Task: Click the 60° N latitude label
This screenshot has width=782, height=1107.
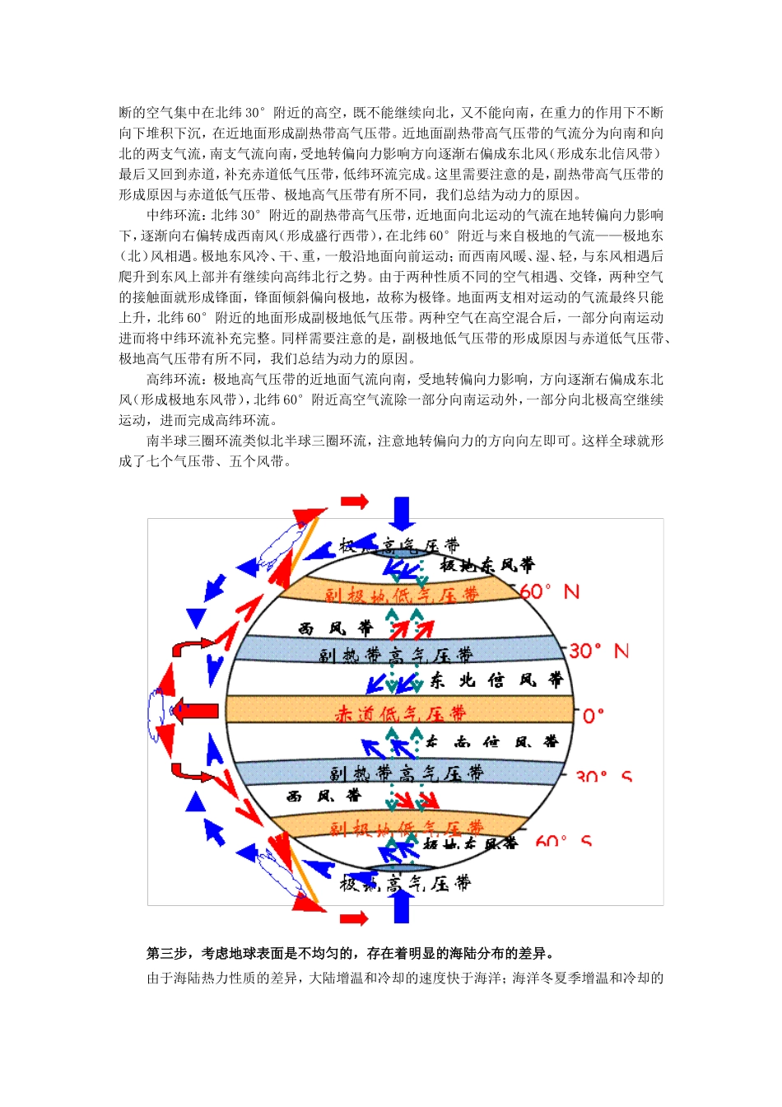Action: [x=549, y=591]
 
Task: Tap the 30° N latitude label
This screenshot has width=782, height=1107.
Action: [x=598, y=651]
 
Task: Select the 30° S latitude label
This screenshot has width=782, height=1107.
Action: [x=603, y=776]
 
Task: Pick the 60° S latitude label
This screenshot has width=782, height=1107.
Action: [x=563, y=841]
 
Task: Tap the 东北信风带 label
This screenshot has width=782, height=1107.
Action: [x=496, y=680]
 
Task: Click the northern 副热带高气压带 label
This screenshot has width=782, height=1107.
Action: [x=396, y=655]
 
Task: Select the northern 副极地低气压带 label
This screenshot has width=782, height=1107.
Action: [x=401, y=595]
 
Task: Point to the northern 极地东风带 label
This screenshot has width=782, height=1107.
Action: [x=486, y=565]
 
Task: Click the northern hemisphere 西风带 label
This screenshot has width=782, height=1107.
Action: [x=335, y=628]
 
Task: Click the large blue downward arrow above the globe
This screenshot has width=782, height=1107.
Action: [x=402, y=512]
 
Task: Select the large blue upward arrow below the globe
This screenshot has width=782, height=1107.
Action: [x=402, y=905]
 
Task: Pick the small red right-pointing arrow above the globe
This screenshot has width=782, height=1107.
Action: [x=354, y=501]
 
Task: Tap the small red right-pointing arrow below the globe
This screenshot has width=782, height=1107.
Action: [x=354, y=918]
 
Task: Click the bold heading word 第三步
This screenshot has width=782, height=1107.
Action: [x=167, y=954]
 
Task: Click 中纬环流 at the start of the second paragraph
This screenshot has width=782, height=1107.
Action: [x=174, y=215]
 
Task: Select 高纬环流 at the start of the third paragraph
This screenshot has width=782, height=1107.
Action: [x=174, y=379]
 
